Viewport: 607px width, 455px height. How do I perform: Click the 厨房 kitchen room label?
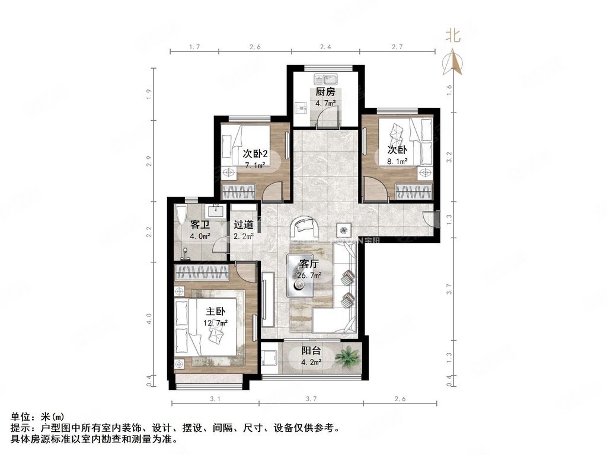tap(325, 92)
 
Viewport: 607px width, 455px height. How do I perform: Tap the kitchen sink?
tap(325, 79)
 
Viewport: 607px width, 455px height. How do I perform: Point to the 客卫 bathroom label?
tap(199, 225)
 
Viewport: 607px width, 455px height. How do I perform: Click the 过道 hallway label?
tap(244, 225)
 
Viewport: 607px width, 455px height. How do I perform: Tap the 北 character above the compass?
tap(453, 36)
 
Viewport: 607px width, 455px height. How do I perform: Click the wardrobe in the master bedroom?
tap(202, 273)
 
